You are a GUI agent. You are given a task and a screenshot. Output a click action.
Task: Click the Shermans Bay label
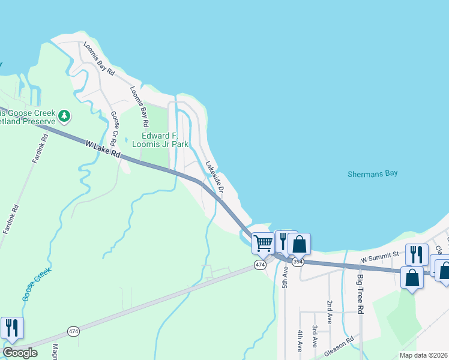(372, 174)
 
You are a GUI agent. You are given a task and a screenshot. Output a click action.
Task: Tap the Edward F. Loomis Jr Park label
(160, 140)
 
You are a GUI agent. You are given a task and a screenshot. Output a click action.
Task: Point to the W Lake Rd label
(103, 149)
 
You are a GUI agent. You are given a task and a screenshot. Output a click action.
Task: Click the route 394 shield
(298, 262)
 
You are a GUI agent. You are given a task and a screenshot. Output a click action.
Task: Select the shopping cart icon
(263, 243)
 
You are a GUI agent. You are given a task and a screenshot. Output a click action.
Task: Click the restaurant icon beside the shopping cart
(284, 241)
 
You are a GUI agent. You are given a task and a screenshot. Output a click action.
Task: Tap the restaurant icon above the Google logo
(12, 328)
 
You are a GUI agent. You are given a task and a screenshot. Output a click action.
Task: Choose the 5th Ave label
(285, 278)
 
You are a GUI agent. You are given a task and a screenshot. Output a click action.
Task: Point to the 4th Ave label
(299, 340)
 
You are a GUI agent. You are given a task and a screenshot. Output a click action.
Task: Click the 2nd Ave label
(330, 312)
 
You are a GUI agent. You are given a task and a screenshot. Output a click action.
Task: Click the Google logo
(20, 353)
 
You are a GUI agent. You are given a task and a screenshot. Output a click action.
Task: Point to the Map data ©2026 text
(423, 355)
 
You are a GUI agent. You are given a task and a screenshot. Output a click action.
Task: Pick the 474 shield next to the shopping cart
(260, 265)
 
